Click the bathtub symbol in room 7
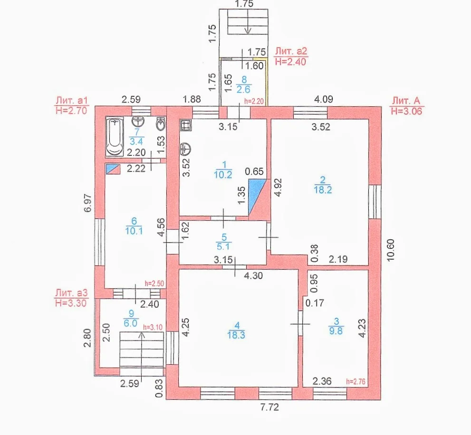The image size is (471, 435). tap(115, 137)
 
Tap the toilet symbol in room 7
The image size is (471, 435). tap(161, 123)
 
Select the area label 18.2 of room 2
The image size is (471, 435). tap(323, 190)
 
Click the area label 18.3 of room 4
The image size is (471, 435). tap(236, 335)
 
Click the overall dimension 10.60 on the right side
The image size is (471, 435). tap(391, 250)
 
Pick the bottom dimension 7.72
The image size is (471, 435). tap(269, 407)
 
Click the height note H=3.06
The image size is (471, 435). tap(407, 111)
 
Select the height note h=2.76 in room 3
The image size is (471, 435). tap(356, 381)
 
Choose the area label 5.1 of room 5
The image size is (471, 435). tap(223, 246)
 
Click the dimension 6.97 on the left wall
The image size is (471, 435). tap(87, 203)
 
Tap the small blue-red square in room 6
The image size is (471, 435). tap(113, 169)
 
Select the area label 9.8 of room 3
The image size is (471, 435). tap(336, 331)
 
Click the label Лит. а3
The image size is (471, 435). tap(71, 293)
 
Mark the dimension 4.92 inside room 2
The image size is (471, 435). tap(279, 188)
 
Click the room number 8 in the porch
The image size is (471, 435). tap(244, 79)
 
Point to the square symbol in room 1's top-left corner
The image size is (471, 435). tap(186, 125)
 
